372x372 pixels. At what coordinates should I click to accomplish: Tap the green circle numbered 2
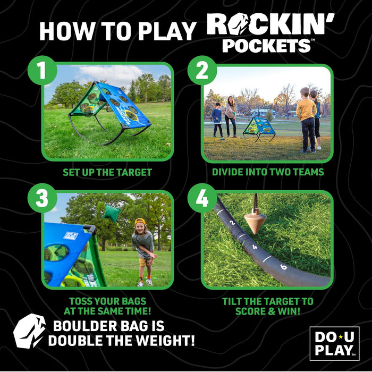202,71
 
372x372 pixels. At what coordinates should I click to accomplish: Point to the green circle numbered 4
202,198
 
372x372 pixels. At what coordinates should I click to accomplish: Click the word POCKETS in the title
266,45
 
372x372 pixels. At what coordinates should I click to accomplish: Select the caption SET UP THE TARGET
107,172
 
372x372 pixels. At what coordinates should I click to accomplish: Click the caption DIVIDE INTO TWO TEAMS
268,172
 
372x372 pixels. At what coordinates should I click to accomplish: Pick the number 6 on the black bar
283,266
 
